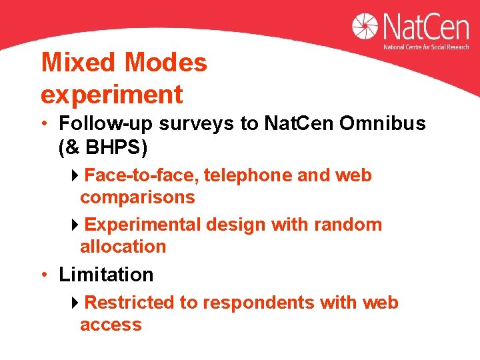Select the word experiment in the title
point(111,95)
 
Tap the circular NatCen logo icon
point(365,27)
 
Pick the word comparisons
point(137,197)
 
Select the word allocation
point(123,247)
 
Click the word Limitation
point(106,275)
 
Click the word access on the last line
point(111,325)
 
